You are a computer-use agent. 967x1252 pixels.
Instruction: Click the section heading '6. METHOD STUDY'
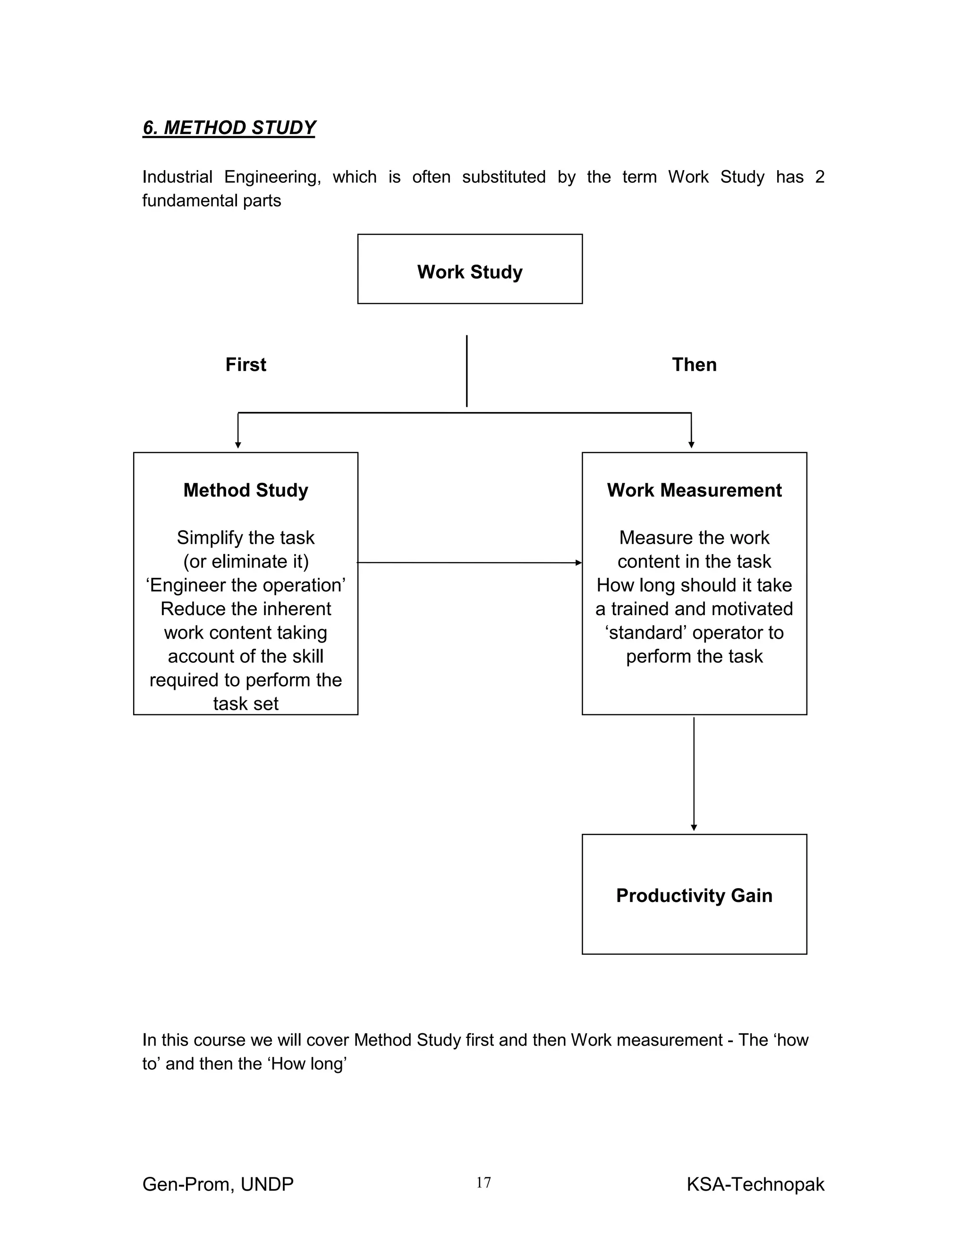pos(229,127)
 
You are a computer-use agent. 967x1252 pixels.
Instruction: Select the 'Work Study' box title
pos(470,272)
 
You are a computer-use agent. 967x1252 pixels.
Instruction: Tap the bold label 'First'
pos(246,365)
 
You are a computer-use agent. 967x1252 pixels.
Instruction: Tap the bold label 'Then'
pos(694,365)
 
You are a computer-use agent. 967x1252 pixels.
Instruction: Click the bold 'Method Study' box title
pos(246,490)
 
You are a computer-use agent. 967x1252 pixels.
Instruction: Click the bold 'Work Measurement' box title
pos(694,490)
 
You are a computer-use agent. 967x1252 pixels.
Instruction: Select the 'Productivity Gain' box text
pos(694,895)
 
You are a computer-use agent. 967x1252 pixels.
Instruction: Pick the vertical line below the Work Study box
pos(467,371)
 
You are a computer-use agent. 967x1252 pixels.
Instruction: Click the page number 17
pos(483,1182)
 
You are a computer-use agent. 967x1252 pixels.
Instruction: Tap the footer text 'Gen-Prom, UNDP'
pos(218,1184)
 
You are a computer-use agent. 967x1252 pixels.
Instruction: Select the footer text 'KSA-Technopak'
pos(755,1184)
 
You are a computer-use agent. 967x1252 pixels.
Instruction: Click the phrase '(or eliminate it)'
pos(246,561)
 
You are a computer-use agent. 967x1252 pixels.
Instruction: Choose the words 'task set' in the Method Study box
pos(246,703)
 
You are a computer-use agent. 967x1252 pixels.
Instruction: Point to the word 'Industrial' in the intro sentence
pos(177,177)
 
